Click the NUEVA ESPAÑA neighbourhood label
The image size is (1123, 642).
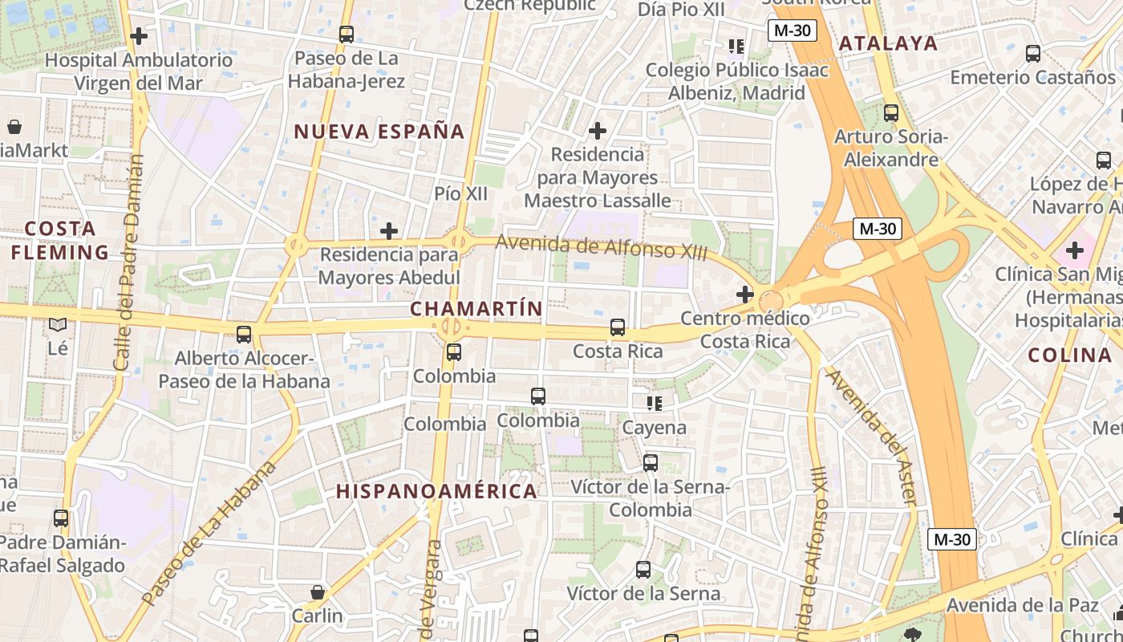[x=379, y=132]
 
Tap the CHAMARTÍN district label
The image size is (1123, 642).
[x=476, y=309]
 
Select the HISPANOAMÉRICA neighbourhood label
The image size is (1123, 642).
[x=436, y=491]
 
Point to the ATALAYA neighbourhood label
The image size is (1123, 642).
[x=888, y=43]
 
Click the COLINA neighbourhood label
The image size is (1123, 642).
[x=1069, y=355]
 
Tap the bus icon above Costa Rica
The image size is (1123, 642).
[x=617, y=327]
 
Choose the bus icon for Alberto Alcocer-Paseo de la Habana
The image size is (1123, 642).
[x=244, y=335]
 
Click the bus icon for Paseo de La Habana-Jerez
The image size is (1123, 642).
[x=347, y=35]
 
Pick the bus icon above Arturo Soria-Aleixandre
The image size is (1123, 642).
[x=891, y=113]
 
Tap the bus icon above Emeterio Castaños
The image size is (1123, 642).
[x=1033, y=54]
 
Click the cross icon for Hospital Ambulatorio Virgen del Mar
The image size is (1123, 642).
[x=139, y=36]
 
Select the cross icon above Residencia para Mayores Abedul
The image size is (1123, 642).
[x=389, y=232]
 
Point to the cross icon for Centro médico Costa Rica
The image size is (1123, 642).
[x=745, y=295]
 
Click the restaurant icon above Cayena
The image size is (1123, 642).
[x=655, y=403]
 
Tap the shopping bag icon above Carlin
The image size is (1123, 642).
[x=318, y=592]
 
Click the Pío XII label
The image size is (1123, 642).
[x=460, y=193]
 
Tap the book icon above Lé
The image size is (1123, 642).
[x=58, y=325]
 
